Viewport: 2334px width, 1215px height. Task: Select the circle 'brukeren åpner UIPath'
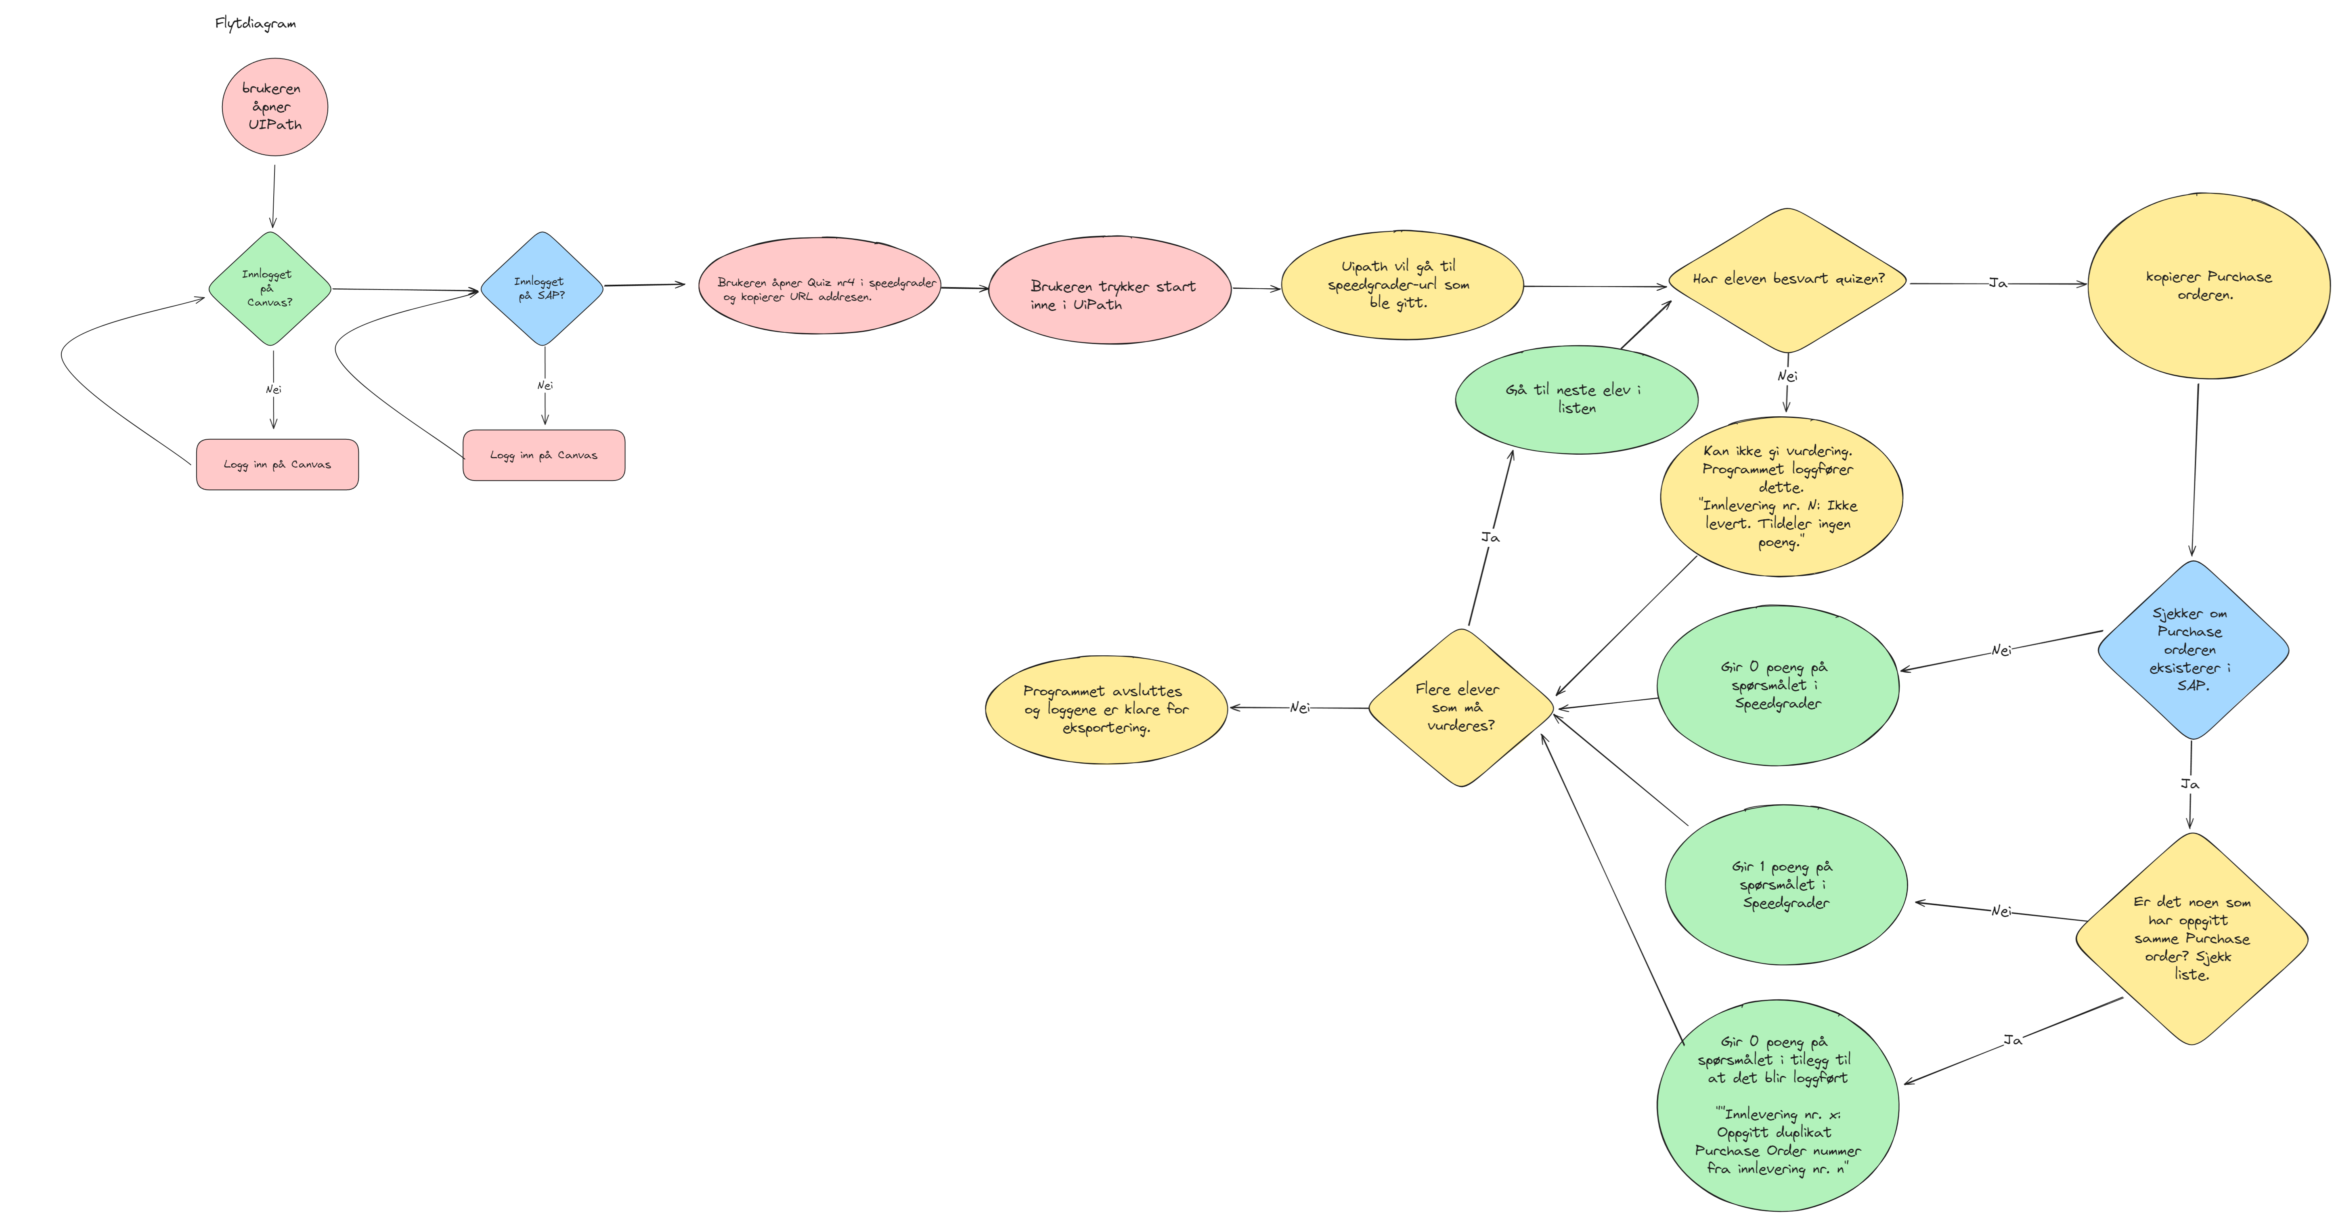[274, 107]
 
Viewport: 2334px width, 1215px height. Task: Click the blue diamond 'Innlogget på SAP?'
[542, 288]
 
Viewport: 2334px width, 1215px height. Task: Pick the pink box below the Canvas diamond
[277, 465]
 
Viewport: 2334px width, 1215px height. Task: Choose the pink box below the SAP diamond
[544, 455]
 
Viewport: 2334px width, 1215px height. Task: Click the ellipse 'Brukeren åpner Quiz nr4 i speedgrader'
[820, 286]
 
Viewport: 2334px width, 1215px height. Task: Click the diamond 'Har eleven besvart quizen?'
[1788, 280]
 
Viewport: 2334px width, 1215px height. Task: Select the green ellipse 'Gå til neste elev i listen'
[1577, 400]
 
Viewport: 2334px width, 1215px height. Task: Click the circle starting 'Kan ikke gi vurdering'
[1781, 497]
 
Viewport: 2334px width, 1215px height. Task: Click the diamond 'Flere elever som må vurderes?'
[1460, 707]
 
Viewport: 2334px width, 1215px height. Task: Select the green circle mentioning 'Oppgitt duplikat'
[1778, 1105]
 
